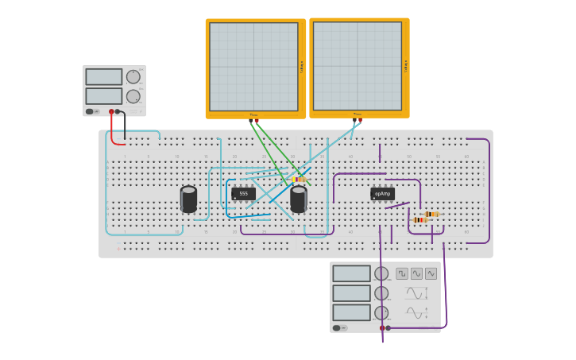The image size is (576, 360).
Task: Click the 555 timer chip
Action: [243, 193]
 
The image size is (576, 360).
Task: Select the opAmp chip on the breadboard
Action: [382, 193]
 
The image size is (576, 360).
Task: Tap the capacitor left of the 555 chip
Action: [188, 199]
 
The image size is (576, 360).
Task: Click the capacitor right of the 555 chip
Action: [299, 199]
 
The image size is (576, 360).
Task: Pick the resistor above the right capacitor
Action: [299, 180]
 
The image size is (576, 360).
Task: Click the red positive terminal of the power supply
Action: [111, 112]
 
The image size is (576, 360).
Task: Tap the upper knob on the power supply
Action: [133, 77]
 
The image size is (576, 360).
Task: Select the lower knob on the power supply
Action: [133, 96]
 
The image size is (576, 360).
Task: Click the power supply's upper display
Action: [103, 77]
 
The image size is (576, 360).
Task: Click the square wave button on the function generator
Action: [402, 273]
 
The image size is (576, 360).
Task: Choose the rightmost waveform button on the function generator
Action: [431, 273]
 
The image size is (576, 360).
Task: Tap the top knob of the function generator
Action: [381, 273]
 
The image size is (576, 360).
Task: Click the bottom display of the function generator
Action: [351, 312]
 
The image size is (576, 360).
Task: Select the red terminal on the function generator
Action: [382, 327]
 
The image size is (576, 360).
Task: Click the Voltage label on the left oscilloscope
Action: [302, 67]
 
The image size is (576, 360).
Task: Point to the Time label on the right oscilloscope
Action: [357, 114]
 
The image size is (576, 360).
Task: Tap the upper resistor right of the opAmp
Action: [431, 214]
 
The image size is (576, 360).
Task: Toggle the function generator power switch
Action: [337, 327]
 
